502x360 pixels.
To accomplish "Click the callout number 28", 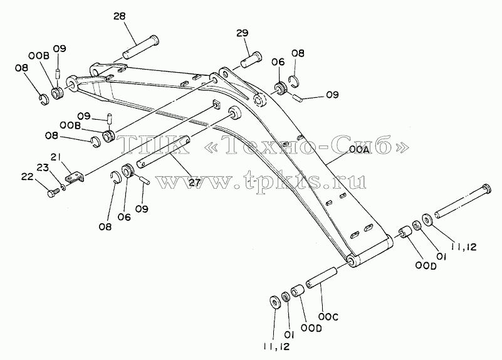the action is point(120,16).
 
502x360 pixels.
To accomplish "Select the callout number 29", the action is point(243,33).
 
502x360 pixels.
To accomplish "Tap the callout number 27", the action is point(194,183).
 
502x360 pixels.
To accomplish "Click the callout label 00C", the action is point(328,317).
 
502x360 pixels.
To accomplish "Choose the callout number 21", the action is point(56,157).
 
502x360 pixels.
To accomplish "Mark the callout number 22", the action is point(28,176).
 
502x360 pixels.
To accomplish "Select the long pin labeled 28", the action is point(140,47).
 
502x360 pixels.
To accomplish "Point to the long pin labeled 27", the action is point(163,152).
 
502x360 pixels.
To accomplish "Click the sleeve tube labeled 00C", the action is point(322,277).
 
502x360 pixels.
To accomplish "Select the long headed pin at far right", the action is point(463,202).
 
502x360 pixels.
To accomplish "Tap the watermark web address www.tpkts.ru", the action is point(261,182).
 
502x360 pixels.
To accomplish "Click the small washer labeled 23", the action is point(63,187).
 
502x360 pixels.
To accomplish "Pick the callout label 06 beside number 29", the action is point(278,62).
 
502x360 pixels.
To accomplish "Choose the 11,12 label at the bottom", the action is point(276,347).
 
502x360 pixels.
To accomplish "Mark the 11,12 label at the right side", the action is point(464,246).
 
